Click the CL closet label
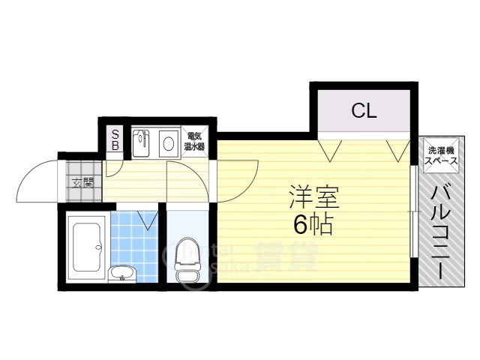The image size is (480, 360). click(364, 112)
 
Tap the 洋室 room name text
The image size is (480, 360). click(315, 197)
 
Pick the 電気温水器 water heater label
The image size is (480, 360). click(194, 142)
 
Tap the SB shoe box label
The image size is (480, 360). click(115, 140)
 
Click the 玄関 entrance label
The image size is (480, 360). click(82, 182)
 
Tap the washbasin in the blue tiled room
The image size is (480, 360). click(121, 274)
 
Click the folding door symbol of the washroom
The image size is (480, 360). click(148, 220)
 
